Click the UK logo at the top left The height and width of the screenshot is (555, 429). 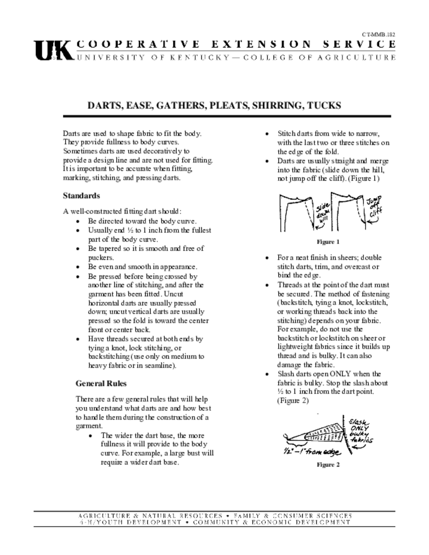[53, 50]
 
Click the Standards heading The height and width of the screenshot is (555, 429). [81, 195]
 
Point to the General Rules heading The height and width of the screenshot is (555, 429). [101, 383]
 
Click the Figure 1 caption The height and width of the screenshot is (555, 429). [328, 242]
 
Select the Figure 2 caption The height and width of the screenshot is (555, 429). [328, 464]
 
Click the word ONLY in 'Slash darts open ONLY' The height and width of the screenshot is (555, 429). [340, 374]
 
